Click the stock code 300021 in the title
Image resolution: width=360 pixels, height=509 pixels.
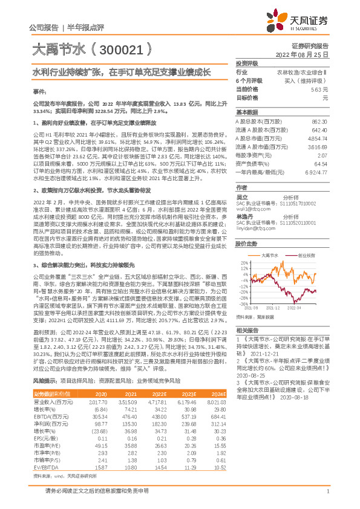pyautogui.click(x=121, y=47)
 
